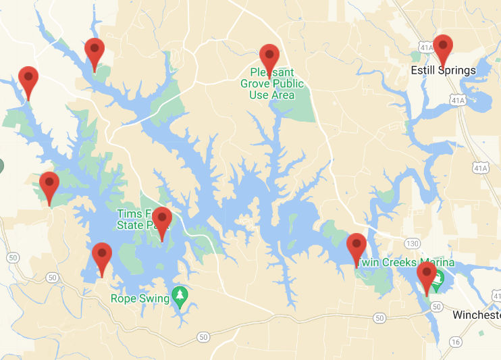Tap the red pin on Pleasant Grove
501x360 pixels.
pyautogui.click(x=269, y=57)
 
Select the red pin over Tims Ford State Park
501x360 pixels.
pyautogui.click(x=162, y=220)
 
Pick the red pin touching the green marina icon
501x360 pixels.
pyautogui.click(x=426, y=275)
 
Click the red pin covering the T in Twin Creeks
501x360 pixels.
pyautogui.click(x=356, y=246)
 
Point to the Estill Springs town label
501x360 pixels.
pyautogui.click(x=444, y=70)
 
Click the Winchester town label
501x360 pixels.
pyautogui.click(x=476, y=315)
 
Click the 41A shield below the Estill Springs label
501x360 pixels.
pyautogui.click(x=459, y=99)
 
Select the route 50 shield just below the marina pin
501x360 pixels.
pyautogui.click(x=437, y=307)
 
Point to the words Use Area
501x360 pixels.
pyautogui.click(x=272, y=95)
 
